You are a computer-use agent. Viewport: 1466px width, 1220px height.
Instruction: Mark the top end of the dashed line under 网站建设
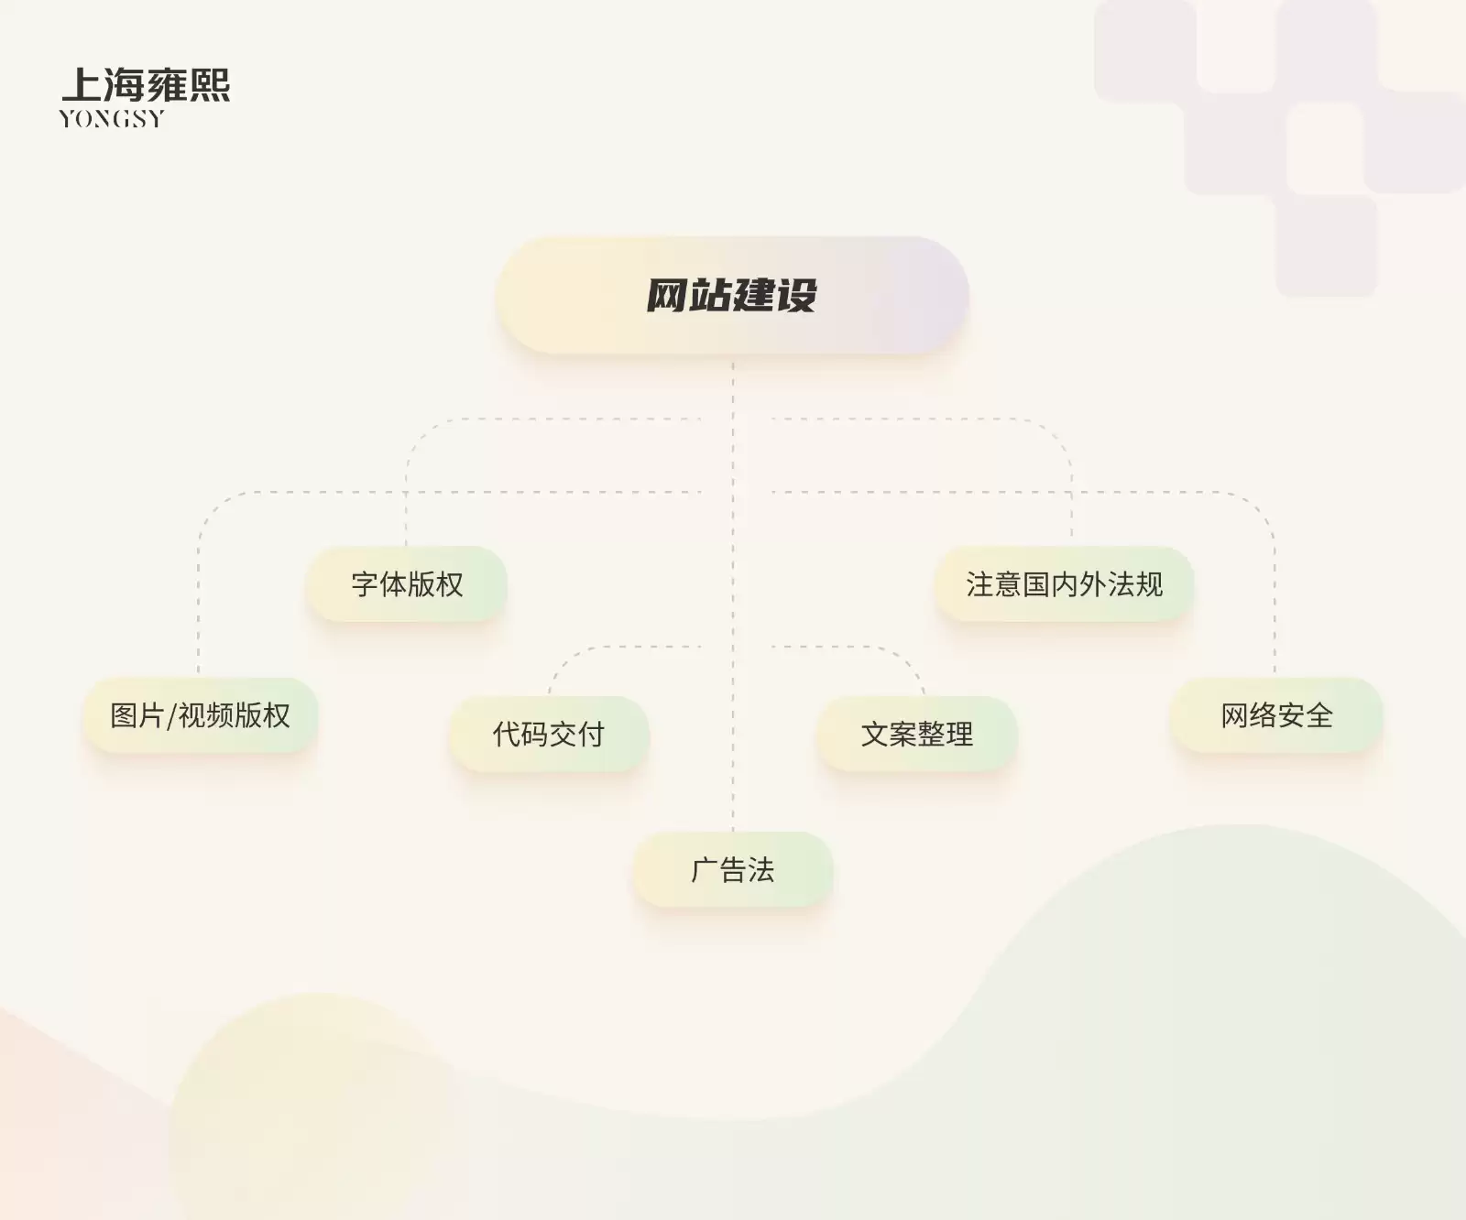(733, 363)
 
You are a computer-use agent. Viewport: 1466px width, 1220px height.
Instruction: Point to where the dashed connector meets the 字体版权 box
(407, 547)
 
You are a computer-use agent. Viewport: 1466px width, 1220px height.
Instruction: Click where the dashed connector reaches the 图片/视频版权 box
(199, 678)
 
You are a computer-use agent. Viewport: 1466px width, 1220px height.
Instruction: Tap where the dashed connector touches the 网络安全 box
(1275, 678)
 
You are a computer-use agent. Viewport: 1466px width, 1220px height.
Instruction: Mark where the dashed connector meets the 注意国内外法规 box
(1072, 547)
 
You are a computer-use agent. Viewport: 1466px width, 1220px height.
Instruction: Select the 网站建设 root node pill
(732, 295)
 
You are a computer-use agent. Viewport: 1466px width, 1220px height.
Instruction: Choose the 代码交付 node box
(549, 734)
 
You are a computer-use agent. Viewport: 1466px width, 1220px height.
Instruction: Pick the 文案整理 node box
(917, 734)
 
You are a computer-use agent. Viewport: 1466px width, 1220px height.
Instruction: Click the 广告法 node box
(733, 869)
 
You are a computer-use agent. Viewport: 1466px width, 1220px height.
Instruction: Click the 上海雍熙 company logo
(145, 97)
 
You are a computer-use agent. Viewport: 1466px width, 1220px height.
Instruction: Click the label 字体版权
(407, 584)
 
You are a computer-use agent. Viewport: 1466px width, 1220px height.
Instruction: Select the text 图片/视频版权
(200, 715)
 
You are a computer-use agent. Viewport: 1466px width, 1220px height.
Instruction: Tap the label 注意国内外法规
(1064, 584)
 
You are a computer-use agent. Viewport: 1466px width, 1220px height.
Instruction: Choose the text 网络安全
(1276, 715)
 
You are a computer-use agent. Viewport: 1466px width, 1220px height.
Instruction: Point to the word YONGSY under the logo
(112, 119)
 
